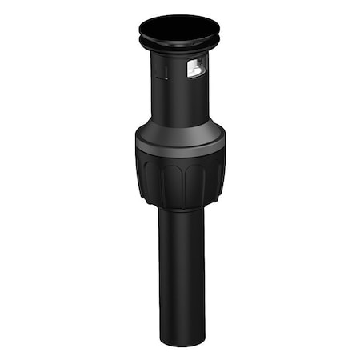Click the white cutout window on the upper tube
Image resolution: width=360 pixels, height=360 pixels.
point(194,69)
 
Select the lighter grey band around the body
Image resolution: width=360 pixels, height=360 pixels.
point(179,146)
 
